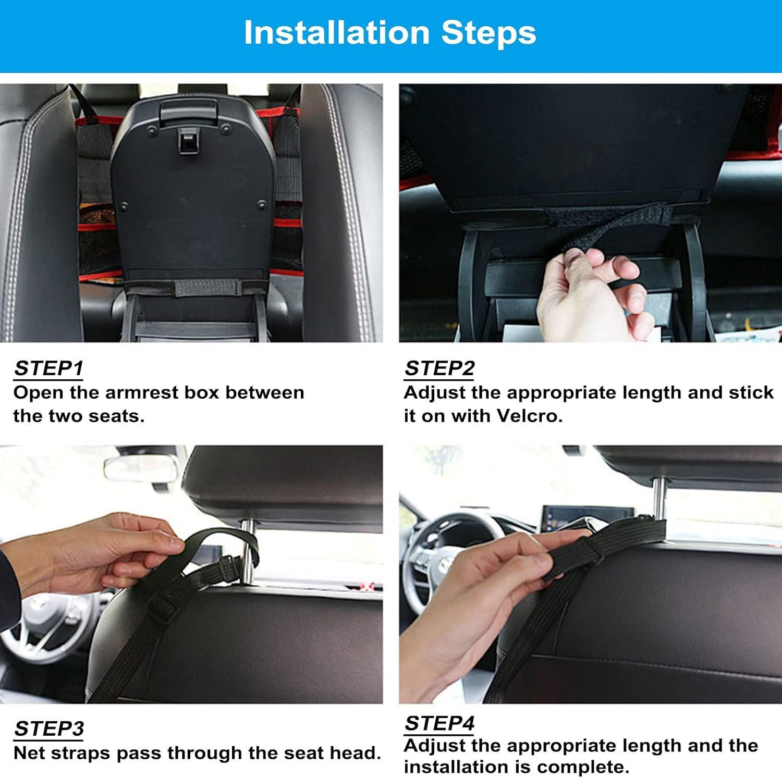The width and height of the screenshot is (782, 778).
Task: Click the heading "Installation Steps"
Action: [390, 33]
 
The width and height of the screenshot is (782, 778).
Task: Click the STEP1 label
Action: [48, 368]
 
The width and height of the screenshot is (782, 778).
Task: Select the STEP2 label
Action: [439, 368]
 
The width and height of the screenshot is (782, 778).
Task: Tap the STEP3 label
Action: [49, 728]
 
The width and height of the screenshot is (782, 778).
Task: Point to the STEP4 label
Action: [439, 723]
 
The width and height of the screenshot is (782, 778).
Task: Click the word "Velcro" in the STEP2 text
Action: [528, 416]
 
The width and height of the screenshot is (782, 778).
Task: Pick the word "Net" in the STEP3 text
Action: [29, 753]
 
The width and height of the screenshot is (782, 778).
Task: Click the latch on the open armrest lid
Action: [188, 141]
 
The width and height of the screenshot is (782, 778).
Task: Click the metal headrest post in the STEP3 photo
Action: [249, 552]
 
